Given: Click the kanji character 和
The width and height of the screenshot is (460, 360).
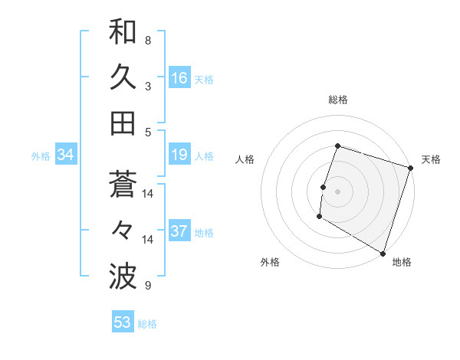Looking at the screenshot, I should tap(123, 32).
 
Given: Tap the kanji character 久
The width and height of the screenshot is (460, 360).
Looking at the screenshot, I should tap(123, 77).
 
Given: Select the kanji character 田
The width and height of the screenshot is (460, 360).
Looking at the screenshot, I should tap(123, 123).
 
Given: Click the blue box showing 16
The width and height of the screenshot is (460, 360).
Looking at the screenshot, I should tap(179, 77).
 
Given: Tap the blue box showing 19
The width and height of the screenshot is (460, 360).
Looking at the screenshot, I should tap(179, 155).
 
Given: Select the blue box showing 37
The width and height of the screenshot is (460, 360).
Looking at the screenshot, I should tap(179, 231).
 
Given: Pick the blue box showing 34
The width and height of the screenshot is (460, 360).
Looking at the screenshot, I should tap(66, 155).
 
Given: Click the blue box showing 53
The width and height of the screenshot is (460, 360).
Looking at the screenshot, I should tap(123, 322).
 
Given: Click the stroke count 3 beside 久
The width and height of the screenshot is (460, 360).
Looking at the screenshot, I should tap(147, 86).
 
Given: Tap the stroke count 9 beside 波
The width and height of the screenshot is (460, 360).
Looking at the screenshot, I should tap(147, 286).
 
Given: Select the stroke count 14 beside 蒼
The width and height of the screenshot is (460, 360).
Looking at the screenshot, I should tap(148, 193).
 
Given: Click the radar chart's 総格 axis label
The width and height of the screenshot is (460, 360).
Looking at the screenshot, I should tap(338, 100).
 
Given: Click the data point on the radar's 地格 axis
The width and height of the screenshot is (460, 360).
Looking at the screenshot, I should tap(383, 253).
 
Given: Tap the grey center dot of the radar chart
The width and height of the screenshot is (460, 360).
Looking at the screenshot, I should tap(337, 191).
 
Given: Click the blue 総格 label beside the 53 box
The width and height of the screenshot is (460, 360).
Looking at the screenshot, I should tap(147, 324).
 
